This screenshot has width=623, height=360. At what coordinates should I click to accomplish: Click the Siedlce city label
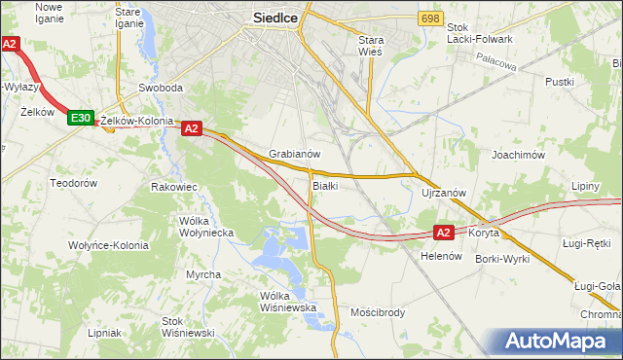[x=275, y=17]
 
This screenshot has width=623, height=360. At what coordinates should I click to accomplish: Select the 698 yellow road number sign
[x=430, y=19]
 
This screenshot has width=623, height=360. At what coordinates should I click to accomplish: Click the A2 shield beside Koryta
[x=443, y=233]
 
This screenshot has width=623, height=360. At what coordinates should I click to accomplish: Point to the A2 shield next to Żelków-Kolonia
[x=191, y=127]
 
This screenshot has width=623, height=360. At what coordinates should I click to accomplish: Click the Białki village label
[x=325, y=186]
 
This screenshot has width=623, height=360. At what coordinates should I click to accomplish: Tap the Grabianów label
[x=295, y=155]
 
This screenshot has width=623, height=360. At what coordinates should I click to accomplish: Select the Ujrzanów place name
[x=445, y=193]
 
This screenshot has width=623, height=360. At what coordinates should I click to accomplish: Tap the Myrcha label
[x=203, y=274]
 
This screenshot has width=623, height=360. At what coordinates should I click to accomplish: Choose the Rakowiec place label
[x=175, y=186]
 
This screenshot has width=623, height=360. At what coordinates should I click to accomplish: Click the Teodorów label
[x=74, y=183]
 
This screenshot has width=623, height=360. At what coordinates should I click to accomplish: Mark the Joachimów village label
[x=517, y=155]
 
